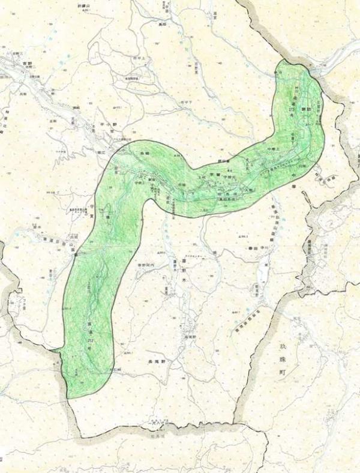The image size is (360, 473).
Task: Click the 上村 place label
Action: (202, 178)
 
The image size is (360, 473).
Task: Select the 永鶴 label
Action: (144, 155)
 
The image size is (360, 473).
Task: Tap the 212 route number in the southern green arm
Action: (89, 340)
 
